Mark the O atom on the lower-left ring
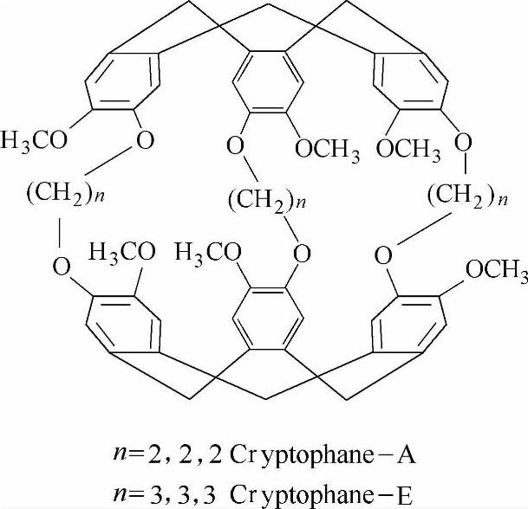click(x=61, y=265)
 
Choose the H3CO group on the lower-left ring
click(x=121, y=253)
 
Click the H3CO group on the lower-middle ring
click(x=206, y=253)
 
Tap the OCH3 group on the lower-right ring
click(x=496, y=271)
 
